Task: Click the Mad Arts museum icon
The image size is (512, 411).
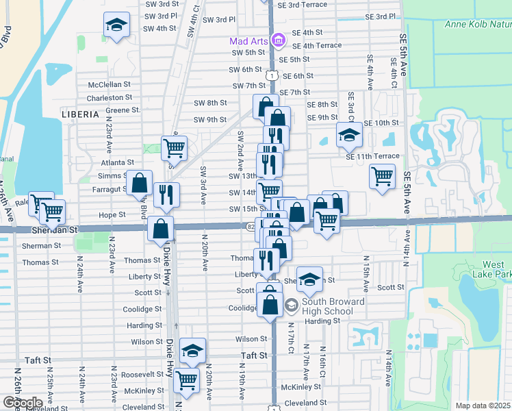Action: (x=278, y=41)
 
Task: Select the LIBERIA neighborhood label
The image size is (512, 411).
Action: (x=81, y=113)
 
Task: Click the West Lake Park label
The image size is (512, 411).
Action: (x=493, y=270)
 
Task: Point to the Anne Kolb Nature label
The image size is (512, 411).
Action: (x=478, y=25)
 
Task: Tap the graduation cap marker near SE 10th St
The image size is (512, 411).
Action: (x=349, y=135)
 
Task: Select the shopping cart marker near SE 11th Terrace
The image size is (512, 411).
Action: (x=382, y=176)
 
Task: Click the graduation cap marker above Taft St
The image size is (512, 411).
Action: (x=193, y=351)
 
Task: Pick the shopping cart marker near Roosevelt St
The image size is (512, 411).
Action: (x=186, y=379)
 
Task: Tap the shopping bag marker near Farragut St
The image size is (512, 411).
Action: (x=140, y=183)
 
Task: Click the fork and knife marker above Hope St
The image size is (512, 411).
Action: (x=166, y=195)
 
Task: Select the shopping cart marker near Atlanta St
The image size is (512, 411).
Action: (x=175, y=147)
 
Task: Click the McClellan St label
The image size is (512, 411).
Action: (x=110, y=84)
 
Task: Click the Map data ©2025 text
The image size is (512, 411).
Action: (x=483, y=406)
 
